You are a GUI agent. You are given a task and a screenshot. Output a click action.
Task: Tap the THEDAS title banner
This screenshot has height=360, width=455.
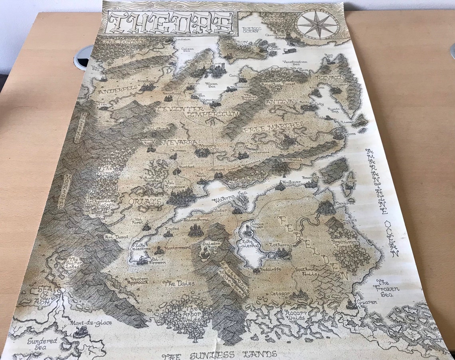(170, 23)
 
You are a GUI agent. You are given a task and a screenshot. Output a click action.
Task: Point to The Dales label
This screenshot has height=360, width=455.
(180, 283)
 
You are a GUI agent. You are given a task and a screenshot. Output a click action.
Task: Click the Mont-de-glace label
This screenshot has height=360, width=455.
(91, 322)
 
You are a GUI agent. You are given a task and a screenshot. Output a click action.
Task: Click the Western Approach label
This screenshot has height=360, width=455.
(137, 280)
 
